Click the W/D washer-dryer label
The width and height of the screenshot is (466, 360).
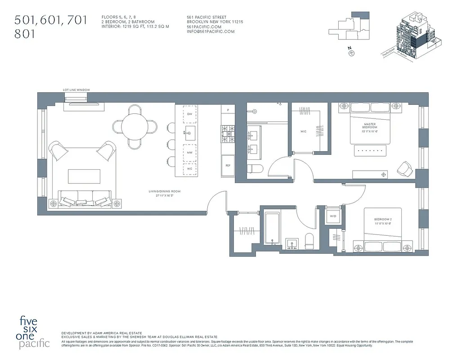tap(333, 216)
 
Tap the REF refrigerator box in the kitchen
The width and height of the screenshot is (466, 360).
tap(228, 165)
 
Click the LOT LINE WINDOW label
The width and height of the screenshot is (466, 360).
tap(76, 90)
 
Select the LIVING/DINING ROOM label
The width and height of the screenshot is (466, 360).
tap(165, 192)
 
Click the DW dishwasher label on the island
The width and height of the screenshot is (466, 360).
tap(190, 114)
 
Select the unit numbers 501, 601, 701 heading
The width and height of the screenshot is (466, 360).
tap(50, 20)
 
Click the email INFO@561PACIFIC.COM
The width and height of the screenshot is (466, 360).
tap(211, 31)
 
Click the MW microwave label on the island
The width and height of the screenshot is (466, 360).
tap(190, 153)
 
